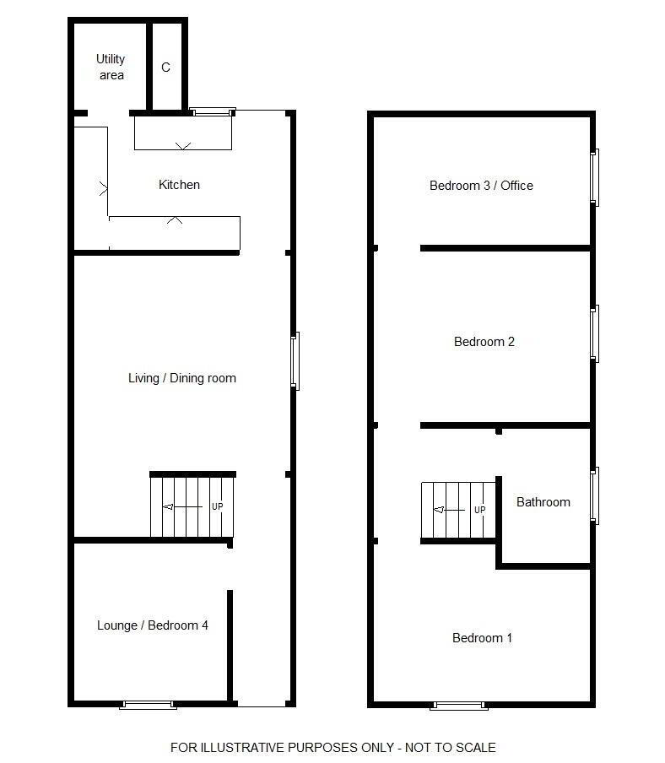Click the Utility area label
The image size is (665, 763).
click(111, 67)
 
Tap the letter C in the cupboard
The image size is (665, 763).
click(165, 68)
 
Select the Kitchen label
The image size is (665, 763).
click(179, 185)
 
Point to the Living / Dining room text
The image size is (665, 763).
click(182, 378)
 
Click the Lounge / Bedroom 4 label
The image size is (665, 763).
click(152, 625)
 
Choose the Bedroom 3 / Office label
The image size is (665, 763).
click(481, 186)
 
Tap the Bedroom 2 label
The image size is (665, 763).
click(484, 342)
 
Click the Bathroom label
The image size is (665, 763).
click(543, 501)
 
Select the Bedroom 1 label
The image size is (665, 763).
click(482, 638)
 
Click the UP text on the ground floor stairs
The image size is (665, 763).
click(218, 506)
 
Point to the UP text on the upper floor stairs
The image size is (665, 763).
click(479, 510)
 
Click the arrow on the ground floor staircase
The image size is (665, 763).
click(182, 507)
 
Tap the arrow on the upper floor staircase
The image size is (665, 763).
click(448, 510)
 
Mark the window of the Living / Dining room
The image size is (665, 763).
click(295, 361)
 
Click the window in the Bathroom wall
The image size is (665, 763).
click(594, 495)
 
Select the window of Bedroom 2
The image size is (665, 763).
click(594, 334)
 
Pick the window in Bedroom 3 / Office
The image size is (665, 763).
click(594, 177)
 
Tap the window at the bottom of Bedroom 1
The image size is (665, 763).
click(459, 706)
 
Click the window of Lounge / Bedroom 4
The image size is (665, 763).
click(148, 705)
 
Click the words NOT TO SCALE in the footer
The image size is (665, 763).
click(450, 748)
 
